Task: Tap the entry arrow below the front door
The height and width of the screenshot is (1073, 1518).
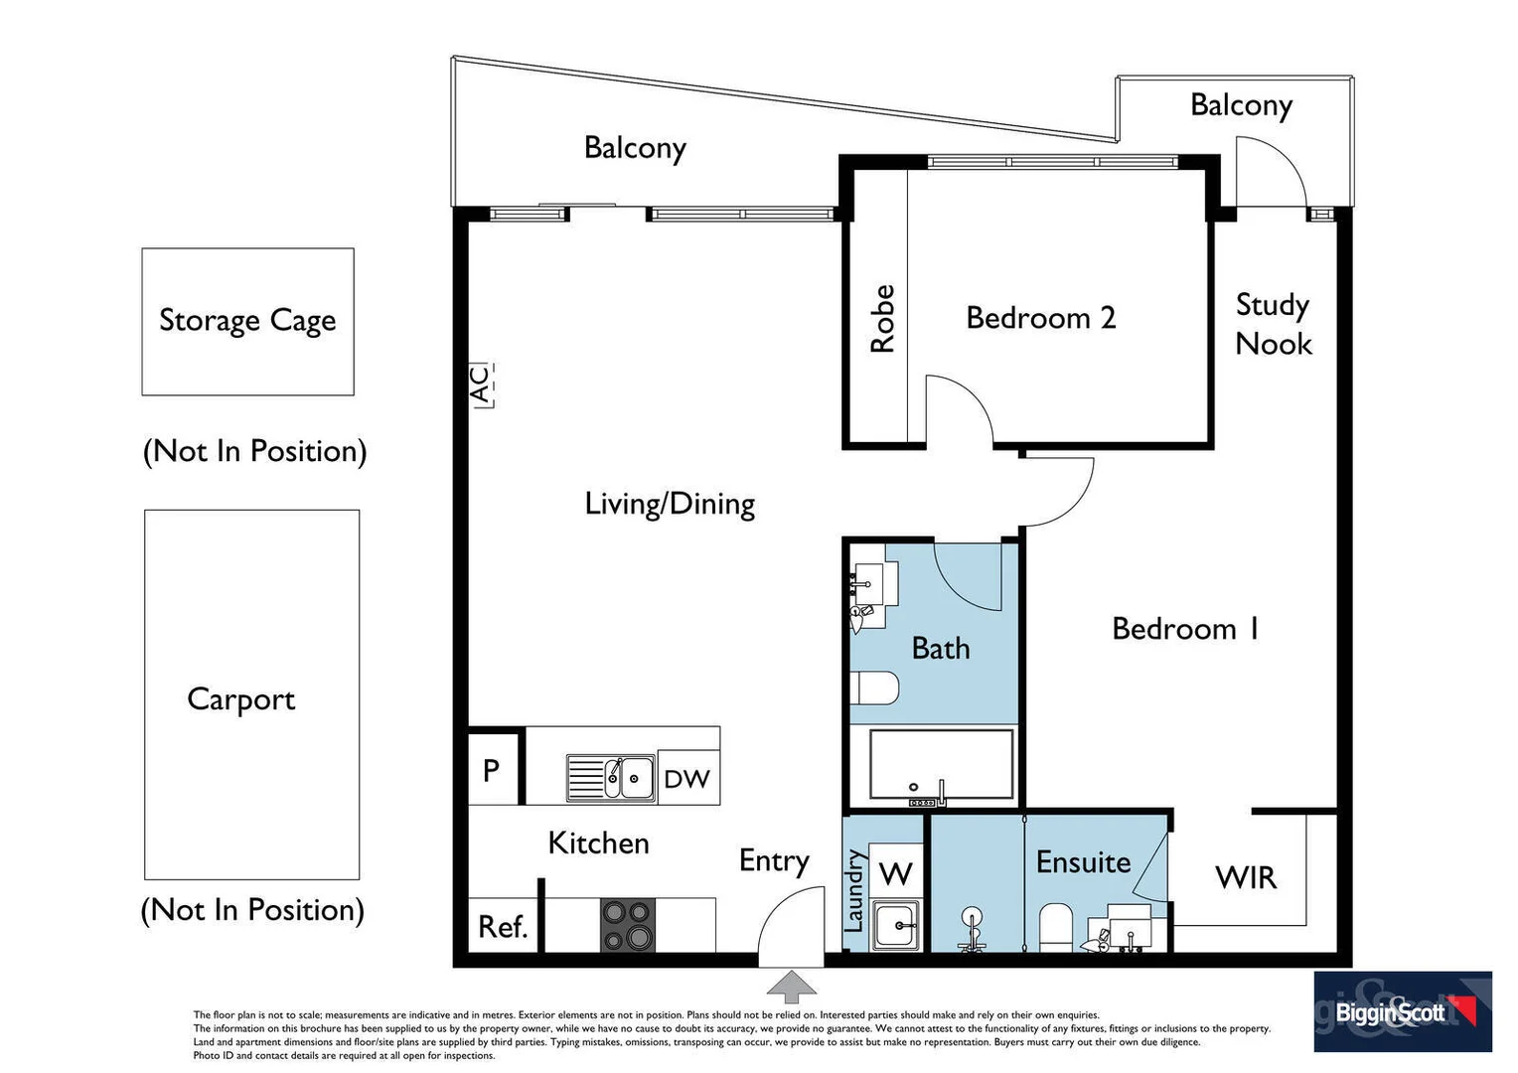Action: click(x=791, y=987)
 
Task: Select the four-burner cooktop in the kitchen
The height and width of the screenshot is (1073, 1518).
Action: click(x=628, y=925)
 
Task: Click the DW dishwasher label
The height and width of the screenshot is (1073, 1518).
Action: click(x=687, y=779)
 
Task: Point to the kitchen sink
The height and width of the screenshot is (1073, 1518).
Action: click(x=611, y=778)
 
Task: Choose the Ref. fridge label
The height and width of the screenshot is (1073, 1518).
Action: click(x=502, y=927)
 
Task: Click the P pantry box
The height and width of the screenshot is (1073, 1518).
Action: click(x=494, y=766)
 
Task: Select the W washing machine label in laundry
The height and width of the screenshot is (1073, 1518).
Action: click(x=895, y=873)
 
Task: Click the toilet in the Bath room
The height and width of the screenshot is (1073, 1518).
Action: click(x=874, y=689)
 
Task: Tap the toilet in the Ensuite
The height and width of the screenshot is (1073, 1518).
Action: click(x=1055, y=927)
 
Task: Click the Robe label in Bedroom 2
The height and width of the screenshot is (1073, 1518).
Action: click(x=882, y=319)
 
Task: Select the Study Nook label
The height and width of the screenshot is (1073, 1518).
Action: click(x=1274, y=325)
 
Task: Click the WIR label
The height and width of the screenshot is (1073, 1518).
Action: click(x=1246, y=878)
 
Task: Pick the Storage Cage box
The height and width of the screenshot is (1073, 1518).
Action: click(x=248, y=321)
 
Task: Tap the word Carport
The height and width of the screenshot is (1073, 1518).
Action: click(x=241, y=699)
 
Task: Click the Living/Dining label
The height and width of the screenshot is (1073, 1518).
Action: click(x=670, y=505)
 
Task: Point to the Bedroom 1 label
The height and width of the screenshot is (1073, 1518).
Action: click(x=1185, y=629)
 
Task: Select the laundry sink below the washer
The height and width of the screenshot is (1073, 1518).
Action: click(x=896, y=925)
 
